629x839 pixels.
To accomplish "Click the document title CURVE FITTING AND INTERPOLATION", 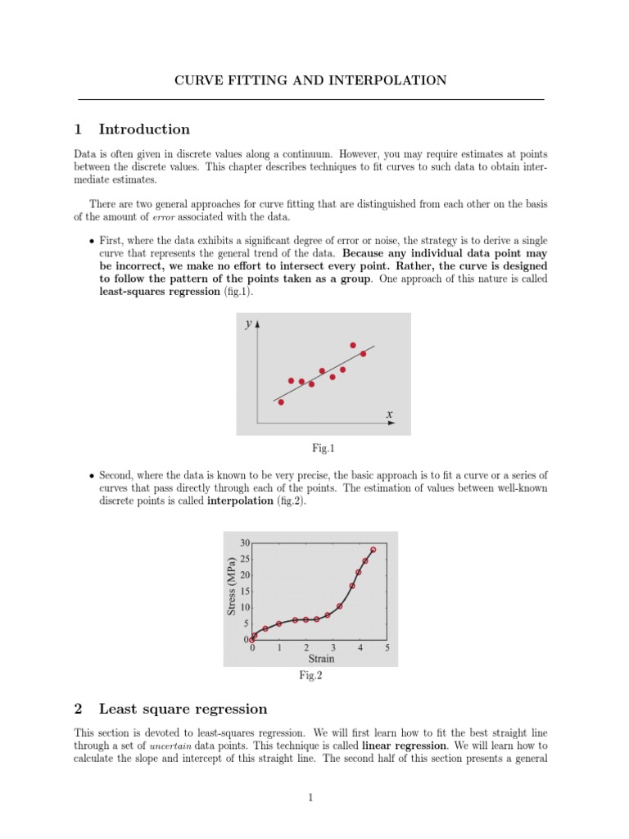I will (x=311, y=80).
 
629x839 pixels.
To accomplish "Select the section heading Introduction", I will (x=143, y=129).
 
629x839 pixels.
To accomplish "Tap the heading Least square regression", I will (x=182, y=709).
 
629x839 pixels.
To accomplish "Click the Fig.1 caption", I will (x=324, y=448).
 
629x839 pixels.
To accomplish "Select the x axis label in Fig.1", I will (x=389, y=415).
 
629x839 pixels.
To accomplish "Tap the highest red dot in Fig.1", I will (x=353, y=345).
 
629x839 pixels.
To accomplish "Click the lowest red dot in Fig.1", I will (x=281, y=401).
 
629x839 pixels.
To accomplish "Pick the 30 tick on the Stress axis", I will (x=245, y=542).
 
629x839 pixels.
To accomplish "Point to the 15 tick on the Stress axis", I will (x=245, y=591).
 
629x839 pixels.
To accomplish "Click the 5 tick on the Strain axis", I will (x=387, y=647).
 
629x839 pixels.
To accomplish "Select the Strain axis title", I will (x=320, y=658).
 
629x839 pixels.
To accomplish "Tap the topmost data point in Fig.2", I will (x=373, y=550).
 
